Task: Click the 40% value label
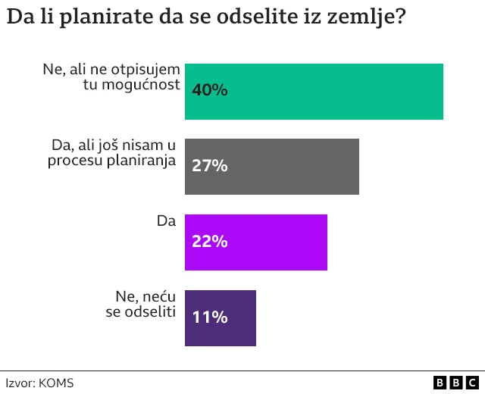(210, 90)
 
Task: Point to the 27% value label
(210, 166)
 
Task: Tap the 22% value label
(210, 242)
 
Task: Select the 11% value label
(210, 317)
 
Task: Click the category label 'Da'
(166, 221)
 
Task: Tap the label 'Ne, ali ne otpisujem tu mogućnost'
(111, 77)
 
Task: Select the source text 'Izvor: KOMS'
(39, 383)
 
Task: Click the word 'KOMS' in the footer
(56, 383)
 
